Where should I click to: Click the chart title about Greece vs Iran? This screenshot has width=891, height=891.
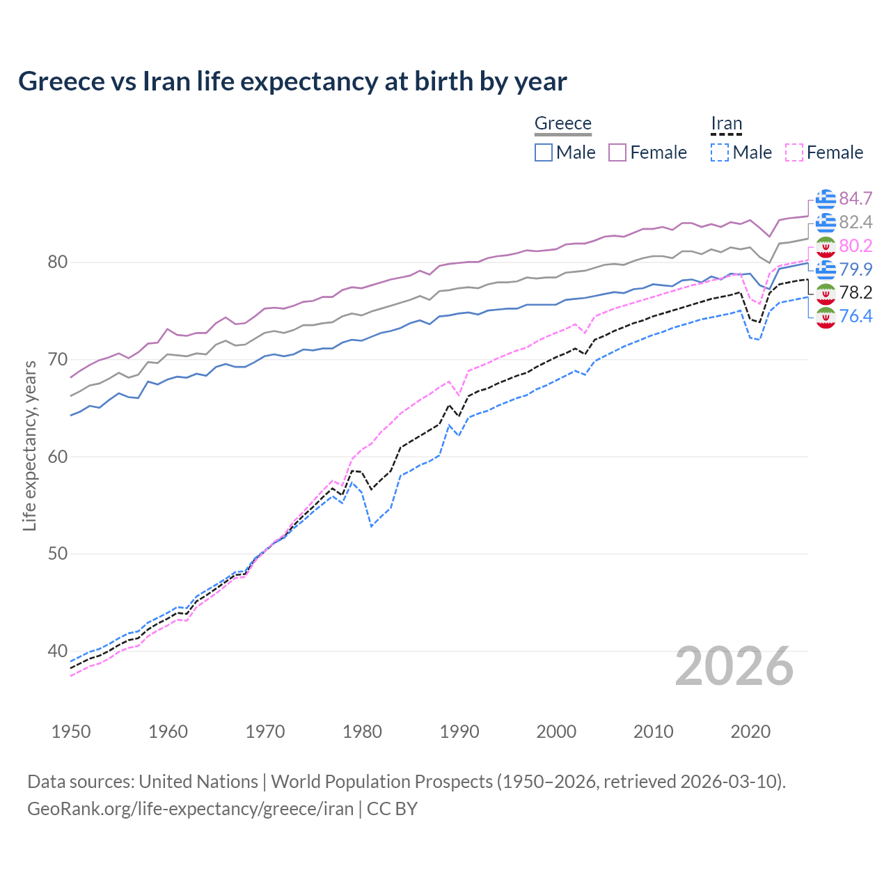(x=292, y=81)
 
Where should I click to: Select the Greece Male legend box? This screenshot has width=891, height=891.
(x=544, y=152)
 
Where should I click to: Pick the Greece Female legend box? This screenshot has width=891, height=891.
(x=617, y=152)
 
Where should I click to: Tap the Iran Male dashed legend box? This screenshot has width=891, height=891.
(x=720, y=152)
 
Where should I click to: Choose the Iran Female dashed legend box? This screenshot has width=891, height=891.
(x=794, y=152)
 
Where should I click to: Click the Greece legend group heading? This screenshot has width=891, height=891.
(x=562, y=123)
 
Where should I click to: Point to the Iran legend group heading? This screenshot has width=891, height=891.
(x=726, y=123)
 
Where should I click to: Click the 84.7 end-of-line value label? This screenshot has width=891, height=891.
(x=855, y=198)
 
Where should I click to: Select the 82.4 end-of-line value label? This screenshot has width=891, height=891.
(x=855, y=222)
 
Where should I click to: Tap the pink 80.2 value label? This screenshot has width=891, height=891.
(x=855, y=246)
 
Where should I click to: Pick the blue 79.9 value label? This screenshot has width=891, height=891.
(x=855, y=269)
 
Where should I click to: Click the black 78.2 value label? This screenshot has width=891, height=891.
(x=855, y=292)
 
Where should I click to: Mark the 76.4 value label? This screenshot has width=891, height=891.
(x=855, y=316)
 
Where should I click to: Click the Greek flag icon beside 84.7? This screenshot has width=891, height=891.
(x=826, y=199)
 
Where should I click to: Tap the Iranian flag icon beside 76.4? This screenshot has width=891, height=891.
(x=826, y=317)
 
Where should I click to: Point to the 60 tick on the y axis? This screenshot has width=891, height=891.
(x=58, y=457)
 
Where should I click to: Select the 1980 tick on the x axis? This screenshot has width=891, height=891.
(x=363, y=732)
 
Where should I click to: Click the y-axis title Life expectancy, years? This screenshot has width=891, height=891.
(x=30, y=445)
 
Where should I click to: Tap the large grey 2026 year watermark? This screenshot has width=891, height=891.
(x=734, y=666)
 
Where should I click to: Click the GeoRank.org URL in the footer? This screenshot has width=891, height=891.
(x=190, y=808)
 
